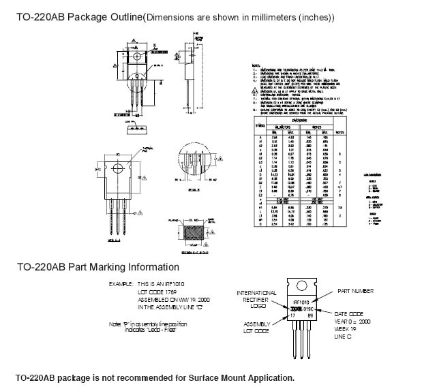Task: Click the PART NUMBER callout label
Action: click(357, 291)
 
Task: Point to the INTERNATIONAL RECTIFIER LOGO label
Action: click(256, 300)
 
